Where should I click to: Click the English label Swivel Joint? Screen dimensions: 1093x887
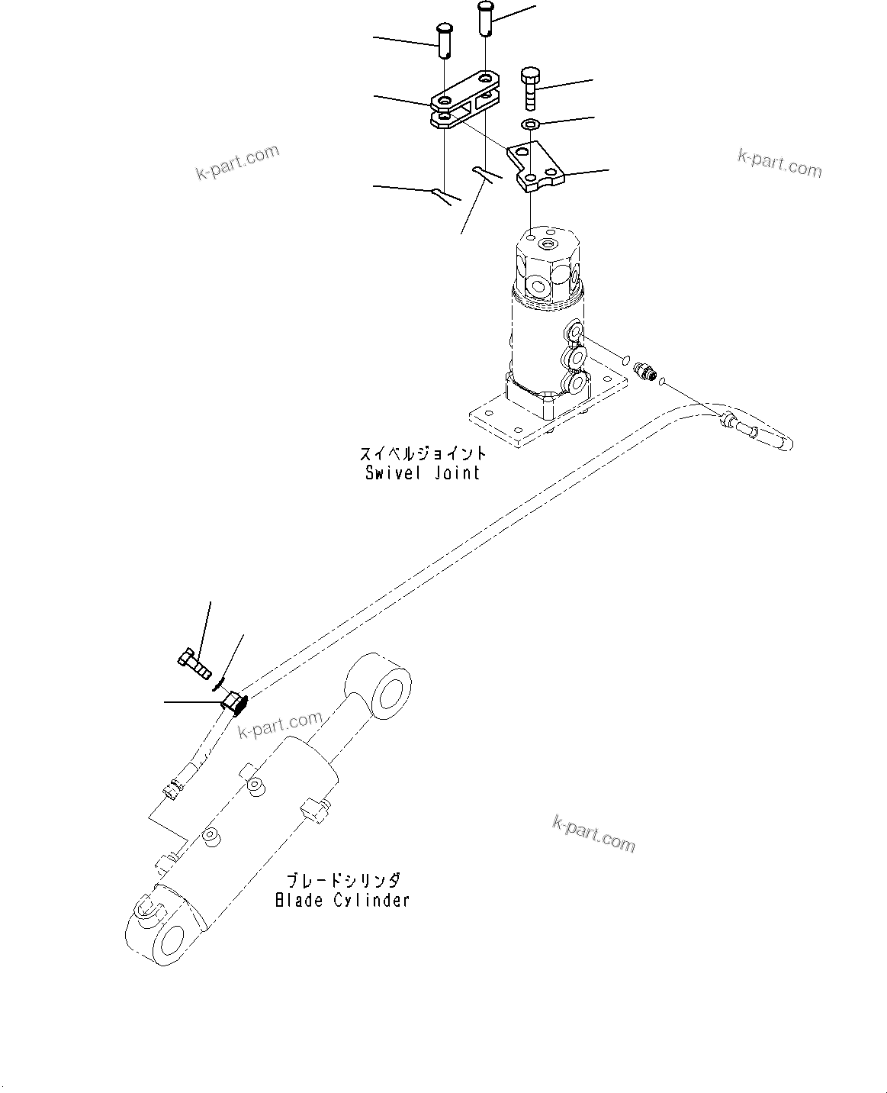pyautogui.click(x=423, y=472)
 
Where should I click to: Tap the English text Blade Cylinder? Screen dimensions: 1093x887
pyautogui.click(x=342, y=900)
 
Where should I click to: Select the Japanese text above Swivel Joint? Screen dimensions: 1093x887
pyautogui.click(x=423, y=453)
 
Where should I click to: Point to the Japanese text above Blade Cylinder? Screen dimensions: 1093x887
pyautogui.click(x=342, y=880)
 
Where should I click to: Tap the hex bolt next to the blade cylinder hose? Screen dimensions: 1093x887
pyautogui.click(x=194, y=663)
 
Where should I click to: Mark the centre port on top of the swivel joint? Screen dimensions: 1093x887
pyautogui.click(x=546, y=245)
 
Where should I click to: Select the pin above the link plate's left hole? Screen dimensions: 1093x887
pyautogui.click(x=444, y=39)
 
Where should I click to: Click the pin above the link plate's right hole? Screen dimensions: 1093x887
pyautogui.click(x=486, y=17)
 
